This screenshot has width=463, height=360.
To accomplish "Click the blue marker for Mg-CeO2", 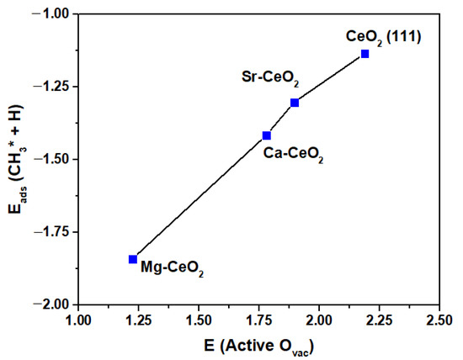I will (133, 259).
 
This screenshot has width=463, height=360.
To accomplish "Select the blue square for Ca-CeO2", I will (267, 135).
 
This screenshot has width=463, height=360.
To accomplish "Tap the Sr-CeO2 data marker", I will (295, 103).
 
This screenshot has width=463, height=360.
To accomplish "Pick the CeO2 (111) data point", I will (365, 54).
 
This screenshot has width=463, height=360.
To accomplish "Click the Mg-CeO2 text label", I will (173, 271).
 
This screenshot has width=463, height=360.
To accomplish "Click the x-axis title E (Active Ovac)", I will (258, 344).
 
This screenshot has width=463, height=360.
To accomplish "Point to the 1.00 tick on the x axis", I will (77, 320).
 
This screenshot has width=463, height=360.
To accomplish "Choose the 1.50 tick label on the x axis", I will (198, 320).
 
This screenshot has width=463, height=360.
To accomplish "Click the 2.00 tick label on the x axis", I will (318, 320).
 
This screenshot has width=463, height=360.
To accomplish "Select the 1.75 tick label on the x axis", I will (258, 320).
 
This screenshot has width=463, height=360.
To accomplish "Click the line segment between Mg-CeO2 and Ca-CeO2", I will (200, 197).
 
